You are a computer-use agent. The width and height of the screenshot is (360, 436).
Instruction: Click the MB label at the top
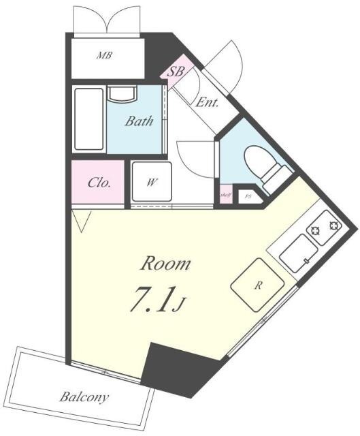pyautogui.click(x=104, y=54)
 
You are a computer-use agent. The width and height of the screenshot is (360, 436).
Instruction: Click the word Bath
pyautogui.click(x=140, y=121)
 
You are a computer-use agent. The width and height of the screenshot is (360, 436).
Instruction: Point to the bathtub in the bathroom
pyautogui.click(x=88, y=119)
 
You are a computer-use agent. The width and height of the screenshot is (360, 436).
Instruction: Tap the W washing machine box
pyautogui.click(x=151, y=183)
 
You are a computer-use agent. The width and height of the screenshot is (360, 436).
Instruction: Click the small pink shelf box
pyautogui.click(x=225, y=194)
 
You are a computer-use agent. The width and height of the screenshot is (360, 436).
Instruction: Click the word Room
pyautogui.click(x=165, y=264)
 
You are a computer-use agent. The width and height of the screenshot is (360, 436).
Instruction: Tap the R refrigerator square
pyautogui.click(x=258, y=285)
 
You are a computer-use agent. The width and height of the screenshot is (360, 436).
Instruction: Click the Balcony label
pyautogui.click(x=84, y=396)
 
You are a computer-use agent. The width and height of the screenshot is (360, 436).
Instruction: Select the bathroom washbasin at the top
pyautogui.click(x=121, y=93)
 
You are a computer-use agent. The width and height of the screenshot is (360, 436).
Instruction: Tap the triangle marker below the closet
pyautogui.click(x=82, y=220)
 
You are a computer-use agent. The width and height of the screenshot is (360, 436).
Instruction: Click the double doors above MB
pyautogui.click(x=107, y=20)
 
